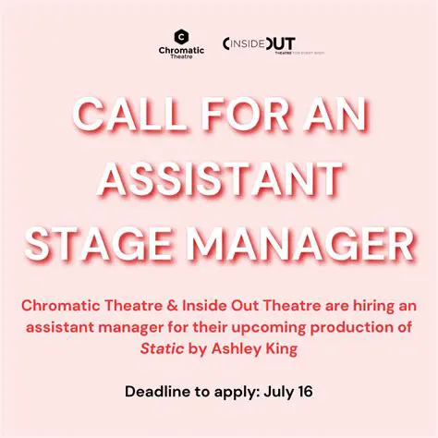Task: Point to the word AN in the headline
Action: tap(335, 117)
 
